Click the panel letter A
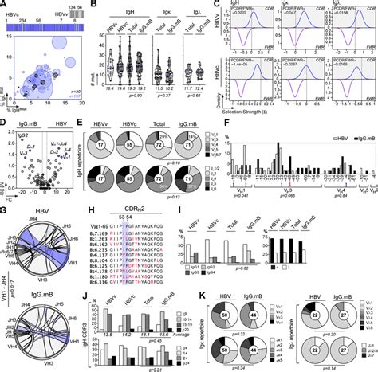(x=4, y=5)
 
